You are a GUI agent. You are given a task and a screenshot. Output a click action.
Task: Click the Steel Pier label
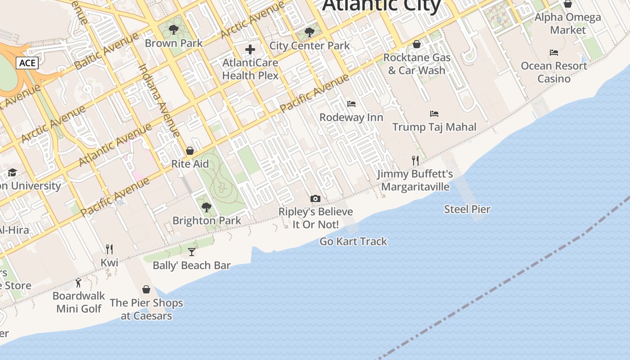[x=467, y=209]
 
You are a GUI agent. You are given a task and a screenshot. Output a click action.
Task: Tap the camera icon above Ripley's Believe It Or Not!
[x=315, y=198]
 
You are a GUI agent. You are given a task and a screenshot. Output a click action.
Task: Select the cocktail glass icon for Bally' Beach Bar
[x=192, y=252]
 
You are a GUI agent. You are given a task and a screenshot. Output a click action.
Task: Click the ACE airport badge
[x=27, y=63]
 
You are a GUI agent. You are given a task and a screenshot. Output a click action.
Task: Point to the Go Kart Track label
[x=353, y=242]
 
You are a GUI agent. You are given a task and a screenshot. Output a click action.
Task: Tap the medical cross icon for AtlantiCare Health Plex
[x=250, y=49]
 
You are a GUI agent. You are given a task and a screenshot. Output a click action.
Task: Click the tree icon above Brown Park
[x=174, y=30]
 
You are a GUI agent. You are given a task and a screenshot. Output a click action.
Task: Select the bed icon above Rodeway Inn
[x=351, y=104]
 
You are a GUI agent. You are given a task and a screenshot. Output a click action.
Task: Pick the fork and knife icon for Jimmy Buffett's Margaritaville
[x=415, y=160]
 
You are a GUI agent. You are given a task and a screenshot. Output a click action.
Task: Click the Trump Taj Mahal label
[x=434, y=127]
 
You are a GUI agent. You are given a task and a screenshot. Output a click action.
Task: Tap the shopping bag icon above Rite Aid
[x=190, y=151]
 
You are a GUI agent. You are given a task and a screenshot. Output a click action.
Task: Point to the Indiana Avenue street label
[x=159, y=100]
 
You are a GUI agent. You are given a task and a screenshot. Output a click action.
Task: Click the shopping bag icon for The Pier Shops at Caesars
[x=146, y=289]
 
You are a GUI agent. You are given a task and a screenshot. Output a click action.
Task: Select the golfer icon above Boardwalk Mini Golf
[x=79, y=283]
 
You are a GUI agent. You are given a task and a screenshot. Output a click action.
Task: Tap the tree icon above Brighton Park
[x=207, y=207]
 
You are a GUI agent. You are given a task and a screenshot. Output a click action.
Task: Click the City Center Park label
[x=310, y=45]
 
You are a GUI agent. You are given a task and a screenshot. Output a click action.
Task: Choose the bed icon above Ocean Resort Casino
[x=554, y=53]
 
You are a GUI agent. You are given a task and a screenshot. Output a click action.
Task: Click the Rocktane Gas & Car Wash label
[x=417, y=64]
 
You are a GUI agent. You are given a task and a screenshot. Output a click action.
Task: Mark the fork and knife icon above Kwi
[x=109, y=249]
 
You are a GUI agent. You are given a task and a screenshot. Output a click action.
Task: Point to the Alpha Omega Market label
[x=568, y=24]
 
